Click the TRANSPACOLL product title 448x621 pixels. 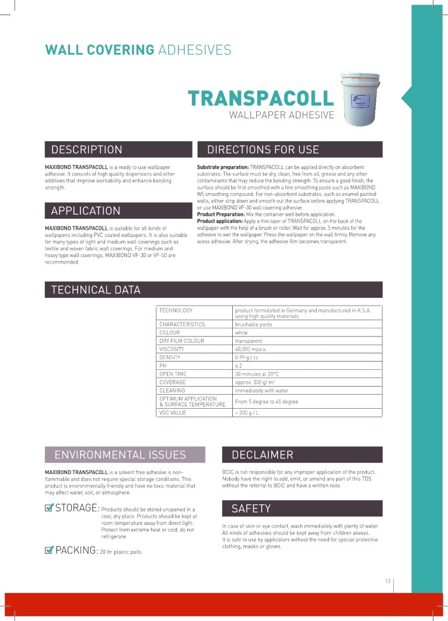point(261,98)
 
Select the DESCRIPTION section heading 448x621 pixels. point(87,150)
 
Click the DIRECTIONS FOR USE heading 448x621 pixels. point(263,150)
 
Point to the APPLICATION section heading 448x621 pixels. point(86,210)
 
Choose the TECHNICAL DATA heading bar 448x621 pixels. point(96,290)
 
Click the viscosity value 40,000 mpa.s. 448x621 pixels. point(251,349)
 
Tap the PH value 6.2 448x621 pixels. point(239,366)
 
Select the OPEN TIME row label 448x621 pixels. point(173,374)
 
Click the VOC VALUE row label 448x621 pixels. point(173,413)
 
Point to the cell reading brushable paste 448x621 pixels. point(253,324)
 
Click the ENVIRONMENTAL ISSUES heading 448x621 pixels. point(120,455)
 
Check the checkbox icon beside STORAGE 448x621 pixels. point(50,507)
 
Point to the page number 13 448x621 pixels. point(387,581)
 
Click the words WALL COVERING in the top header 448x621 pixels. point(100,50)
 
